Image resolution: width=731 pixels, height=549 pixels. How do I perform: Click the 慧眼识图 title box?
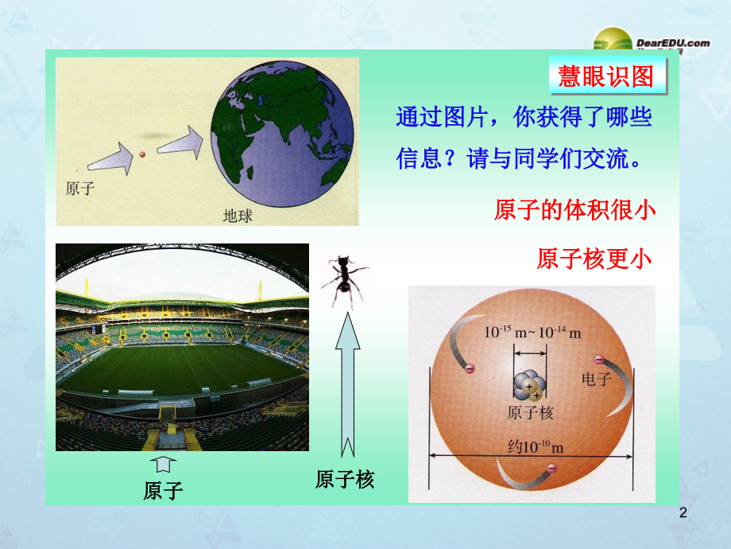(x=606, y=77)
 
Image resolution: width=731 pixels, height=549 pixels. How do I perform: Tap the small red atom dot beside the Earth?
(x=143, y=154)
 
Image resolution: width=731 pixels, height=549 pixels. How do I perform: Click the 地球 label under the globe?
(x=237, y=215)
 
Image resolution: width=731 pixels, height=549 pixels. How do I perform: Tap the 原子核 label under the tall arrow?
(x=344, y=480)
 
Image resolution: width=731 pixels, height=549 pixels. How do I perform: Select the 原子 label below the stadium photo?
(x=164, y=490)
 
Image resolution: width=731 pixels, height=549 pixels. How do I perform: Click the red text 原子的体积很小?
(x=574, y=210)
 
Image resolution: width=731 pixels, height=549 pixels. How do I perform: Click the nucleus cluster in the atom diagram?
(x=528, y=386)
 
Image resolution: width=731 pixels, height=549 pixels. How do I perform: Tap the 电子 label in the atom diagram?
(x=597, y=379)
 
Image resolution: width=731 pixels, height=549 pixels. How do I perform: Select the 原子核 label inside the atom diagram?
(x=529, y=413)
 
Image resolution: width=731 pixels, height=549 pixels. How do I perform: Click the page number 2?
(x=683, y=516)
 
